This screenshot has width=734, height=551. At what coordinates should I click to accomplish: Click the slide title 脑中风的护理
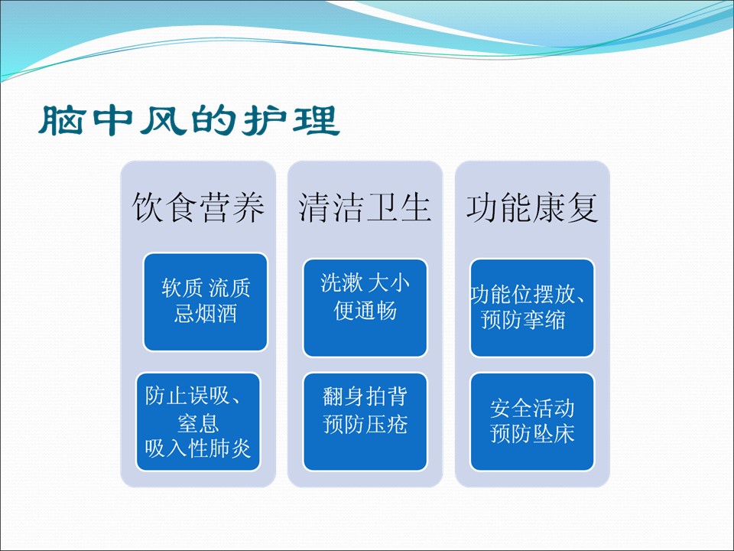189,120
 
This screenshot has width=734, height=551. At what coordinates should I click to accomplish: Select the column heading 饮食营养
198,207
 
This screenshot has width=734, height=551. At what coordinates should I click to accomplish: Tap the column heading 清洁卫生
365,207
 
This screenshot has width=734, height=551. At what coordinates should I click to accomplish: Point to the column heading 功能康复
532,207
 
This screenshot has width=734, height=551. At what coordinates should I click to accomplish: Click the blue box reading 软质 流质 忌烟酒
206,302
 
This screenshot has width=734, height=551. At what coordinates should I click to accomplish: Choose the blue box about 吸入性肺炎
198,422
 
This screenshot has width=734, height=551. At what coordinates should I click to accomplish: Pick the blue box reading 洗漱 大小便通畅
365,308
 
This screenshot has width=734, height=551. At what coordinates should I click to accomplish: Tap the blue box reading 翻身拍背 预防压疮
365,422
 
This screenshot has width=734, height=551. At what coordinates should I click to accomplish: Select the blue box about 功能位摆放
532,308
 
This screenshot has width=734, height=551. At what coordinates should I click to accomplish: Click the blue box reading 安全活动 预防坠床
532,422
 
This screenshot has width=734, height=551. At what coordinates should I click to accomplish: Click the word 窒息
198,422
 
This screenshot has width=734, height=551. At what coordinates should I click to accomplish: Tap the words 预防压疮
365,424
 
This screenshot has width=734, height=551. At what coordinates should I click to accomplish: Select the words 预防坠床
532,433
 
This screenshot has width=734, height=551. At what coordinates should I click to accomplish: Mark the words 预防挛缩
523,320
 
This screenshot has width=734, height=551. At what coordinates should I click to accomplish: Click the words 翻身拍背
365,396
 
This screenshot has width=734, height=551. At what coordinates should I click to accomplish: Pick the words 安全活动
532,408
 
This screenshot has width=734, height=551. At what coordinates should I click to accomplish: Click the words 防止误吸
187,396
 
